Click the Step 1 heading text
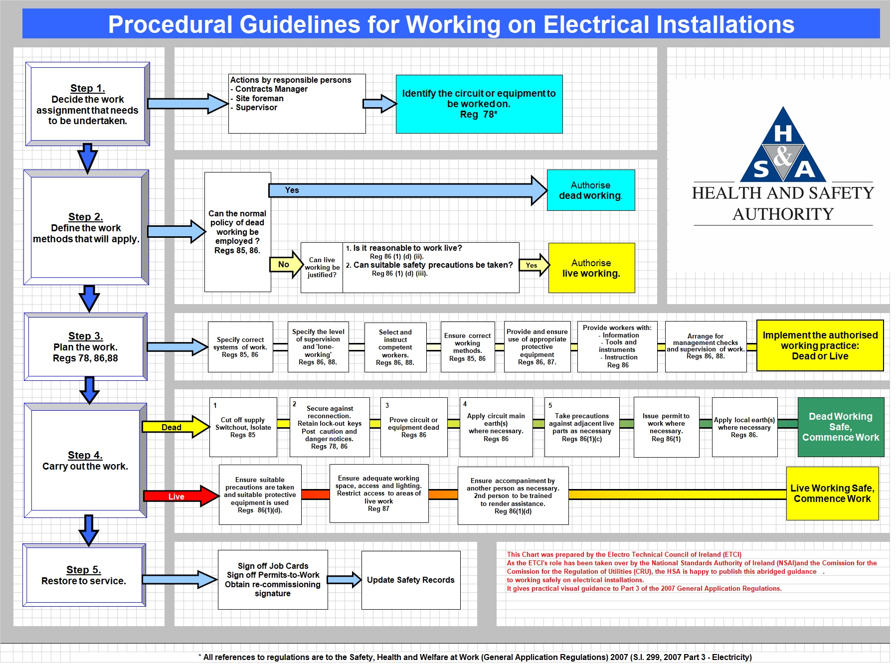(87, 88)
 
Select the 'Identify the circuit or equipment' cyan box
(479, 104)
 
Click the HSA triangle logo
(783, 146)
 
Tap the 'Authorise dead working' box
(590, 190)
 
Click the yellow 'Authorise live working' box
(591, 268)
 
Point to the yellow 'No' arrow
(286, 264)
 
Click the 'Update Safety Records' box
(410, 580)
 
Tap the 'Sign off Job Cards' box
(273, 580)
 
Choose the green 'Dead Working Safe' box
(840, 427)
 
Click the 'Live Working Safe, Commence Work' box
(832, 494)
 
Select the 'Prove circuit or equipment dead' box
(413, 427)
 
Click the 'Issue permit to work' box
(666, 427)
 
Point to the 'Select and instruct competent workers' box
(395, 347)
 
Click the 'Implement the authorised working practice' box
(820, 345)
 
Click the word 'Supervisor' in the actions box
(256, 108)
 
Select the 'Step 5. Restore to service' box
(84, 575)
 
